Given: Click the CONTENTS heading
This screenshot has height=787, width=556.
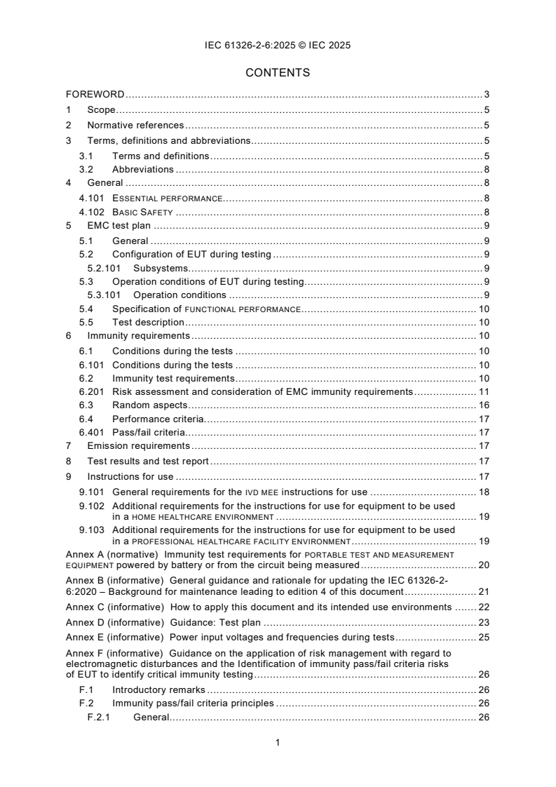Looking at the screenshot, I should point(278,72).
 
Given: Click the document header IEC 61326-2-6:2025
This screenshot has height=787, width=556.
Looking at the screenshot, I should point(278,45).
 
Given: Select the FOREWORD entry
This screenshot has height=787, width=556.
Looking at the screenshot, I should point(95,94).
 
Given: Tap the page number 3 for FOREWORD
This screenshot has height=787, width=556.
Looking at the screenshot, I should point(486,94).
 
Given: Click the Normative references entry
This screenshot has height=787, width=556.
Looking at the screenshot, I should point(135,125).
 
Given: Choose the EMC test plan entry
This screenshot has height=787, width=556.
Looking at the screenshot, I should point(120,225).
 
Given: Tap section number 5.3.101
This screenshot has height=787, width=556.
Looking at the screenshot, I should point(104,295).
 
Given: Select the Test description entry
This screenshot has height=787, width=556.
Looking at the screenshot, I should point(148,322).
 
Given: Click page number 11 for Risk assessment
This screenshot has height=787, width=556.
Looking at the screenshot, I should point(483,391).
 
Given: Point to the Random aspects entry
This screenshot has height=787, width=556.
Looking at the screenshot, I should point(150,405).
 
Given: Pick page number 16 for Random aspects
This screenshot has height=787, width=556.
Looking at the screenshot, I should point(483,405).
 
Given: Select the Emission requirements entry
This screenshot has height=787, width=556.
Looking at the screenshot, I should point(138,445).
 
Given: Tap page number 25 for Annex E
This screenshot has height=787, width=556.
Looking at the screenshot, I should point(483,637).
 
